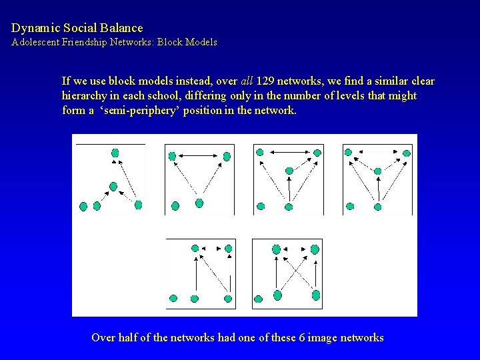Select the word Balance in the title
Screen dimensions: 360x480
tap(122, 28)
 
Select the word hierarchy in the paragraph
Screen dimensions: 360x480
tap(86, 96)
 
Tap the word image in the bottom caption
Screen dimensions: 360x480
tap(318, 337)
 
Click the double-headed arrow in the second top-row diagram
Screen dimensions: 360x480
tap(199, 156)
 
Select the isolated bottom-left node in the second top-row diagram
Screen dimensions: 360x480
tap(175, 205)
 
